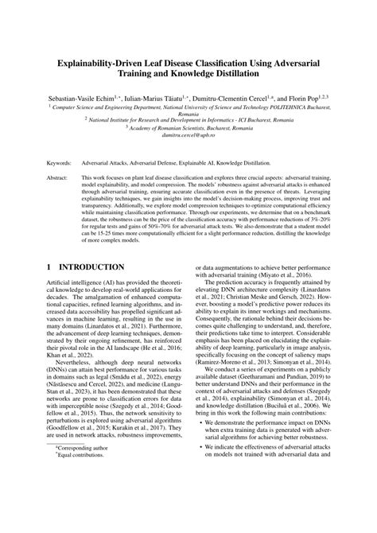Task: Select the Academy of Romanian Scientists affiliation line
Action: (x=188, y=127)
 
